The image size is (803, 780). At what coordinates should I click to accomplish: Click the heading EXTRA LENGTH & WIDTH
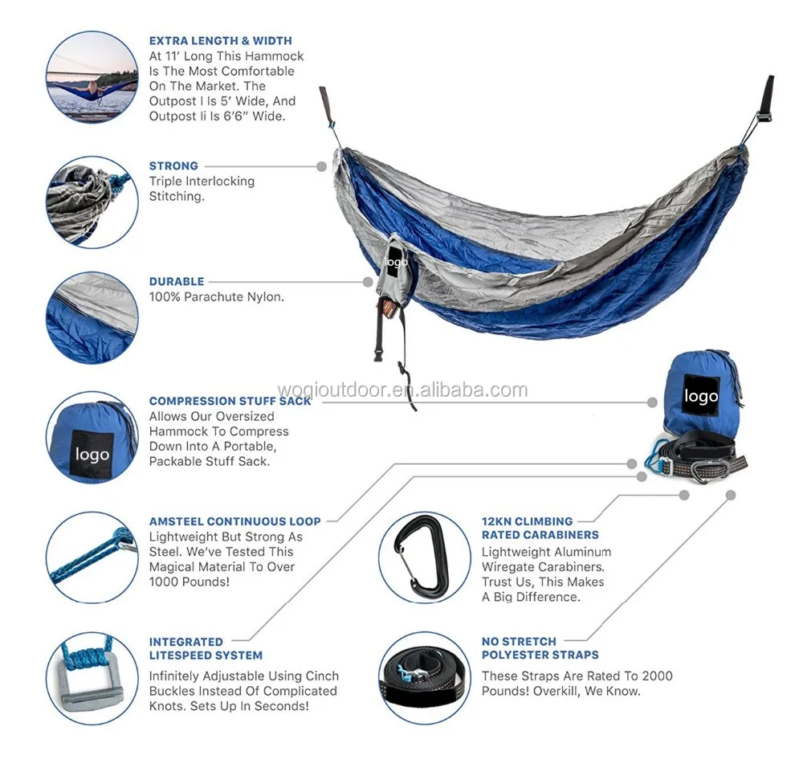[220, 41]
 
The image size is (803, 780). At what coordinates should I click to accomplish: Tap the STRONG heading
[173, 166]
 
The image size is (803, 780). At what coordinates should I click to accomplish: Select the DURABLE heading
[177, 282]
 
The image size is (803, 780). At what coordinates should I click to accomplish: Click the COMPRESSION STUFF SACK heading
[230, 401]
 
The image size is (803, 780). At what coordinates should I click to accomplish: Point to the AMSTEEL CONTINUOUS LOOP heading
[234, 521]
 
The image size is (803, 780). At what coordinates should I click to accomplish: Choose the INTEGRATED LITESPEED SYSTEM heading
[206, 648]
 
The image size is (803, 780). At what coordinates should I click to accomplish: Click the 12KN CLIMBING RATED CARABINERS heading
[540, 528]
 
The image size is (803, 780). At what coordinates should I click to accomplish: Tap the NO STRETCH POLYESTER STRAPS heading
[540, 648]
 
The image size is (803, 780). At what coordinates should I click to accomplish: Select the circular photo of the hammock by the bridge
[92, 77]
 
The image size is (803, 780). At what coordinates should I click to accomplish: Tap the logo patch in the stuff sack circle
[92, 455]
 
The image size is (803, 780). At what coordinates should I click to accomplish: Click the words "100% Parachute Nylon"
[216, 297]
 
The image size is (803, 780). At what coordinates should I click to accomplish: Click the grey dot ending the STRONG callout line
[321, 166]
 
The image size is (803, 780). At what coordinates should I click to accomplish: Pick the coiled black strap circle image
[424, 679]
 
